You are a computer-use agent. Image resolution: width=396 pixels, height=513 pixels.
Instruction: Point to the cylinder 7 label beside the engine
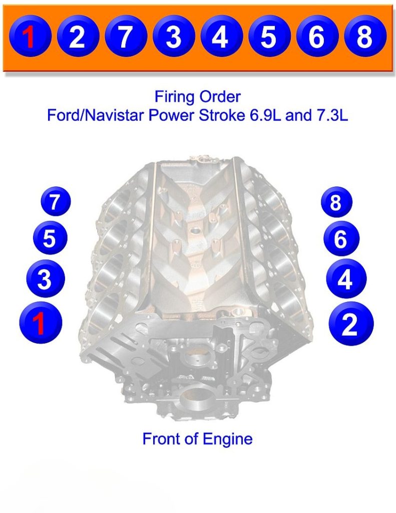55,202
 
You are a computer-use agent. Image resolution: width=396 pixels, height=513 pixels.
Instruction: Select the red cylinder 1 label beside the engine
41,323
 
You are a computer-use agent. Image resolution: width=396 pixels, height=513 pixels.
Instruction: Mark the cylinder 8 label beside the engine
336,203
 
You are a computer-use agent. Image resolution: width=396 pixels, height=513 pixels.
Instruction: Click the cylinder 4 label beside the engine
345,280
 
